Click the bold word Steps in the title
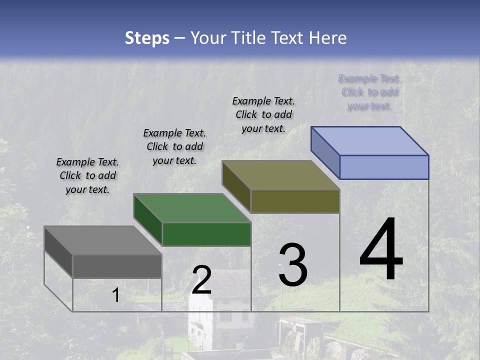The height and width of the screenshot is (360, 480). coord(147,38)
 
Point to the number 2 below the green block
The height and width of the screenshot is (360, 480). coord(201,280)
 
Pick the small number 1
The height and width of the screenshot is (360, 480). coord(115,295)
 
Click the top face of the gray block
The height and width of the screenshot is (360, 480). coord(102,240)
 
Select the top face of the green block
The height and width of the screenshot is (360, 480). coord(191,208)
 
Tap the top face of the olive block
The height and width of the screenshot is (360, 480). coord(280,175)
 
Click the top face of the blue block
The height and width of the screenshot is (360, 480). coord(369,141)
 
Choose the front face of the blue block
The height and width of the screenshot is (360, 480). coord(384,167)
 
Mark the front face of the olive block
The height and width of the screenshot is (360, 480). coord(295,201)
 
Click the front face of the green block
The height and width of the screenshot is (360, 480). coord(206,234)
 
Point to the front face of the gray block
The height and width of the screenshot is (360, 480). coord(117,266)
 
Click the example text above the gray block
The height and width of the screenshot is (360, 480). coord(87,175)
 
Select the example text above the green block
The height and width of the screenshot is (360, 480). coord(174,146)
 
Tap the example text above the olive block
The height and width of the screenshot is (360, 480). coord(263,114)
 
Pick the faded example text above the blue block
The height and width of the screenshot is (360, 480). coord(369,92)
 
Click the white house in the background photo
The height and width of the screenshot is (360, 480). coord(220,310)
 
